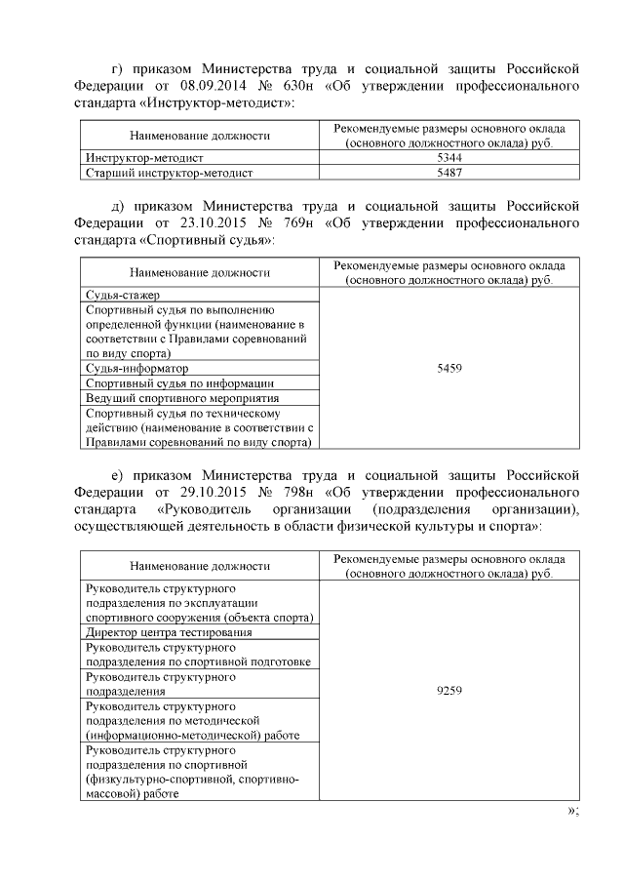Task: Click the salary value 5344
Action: coord(449,157)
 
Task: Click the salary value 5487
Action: coord(449,173)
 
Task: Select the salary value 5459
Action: coord(449,370)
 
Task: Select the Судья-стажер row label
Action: coord(123,295)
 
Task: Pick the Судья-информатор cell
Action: coord(137,369)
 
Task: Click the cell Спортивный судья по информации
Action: coord(179,383)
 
